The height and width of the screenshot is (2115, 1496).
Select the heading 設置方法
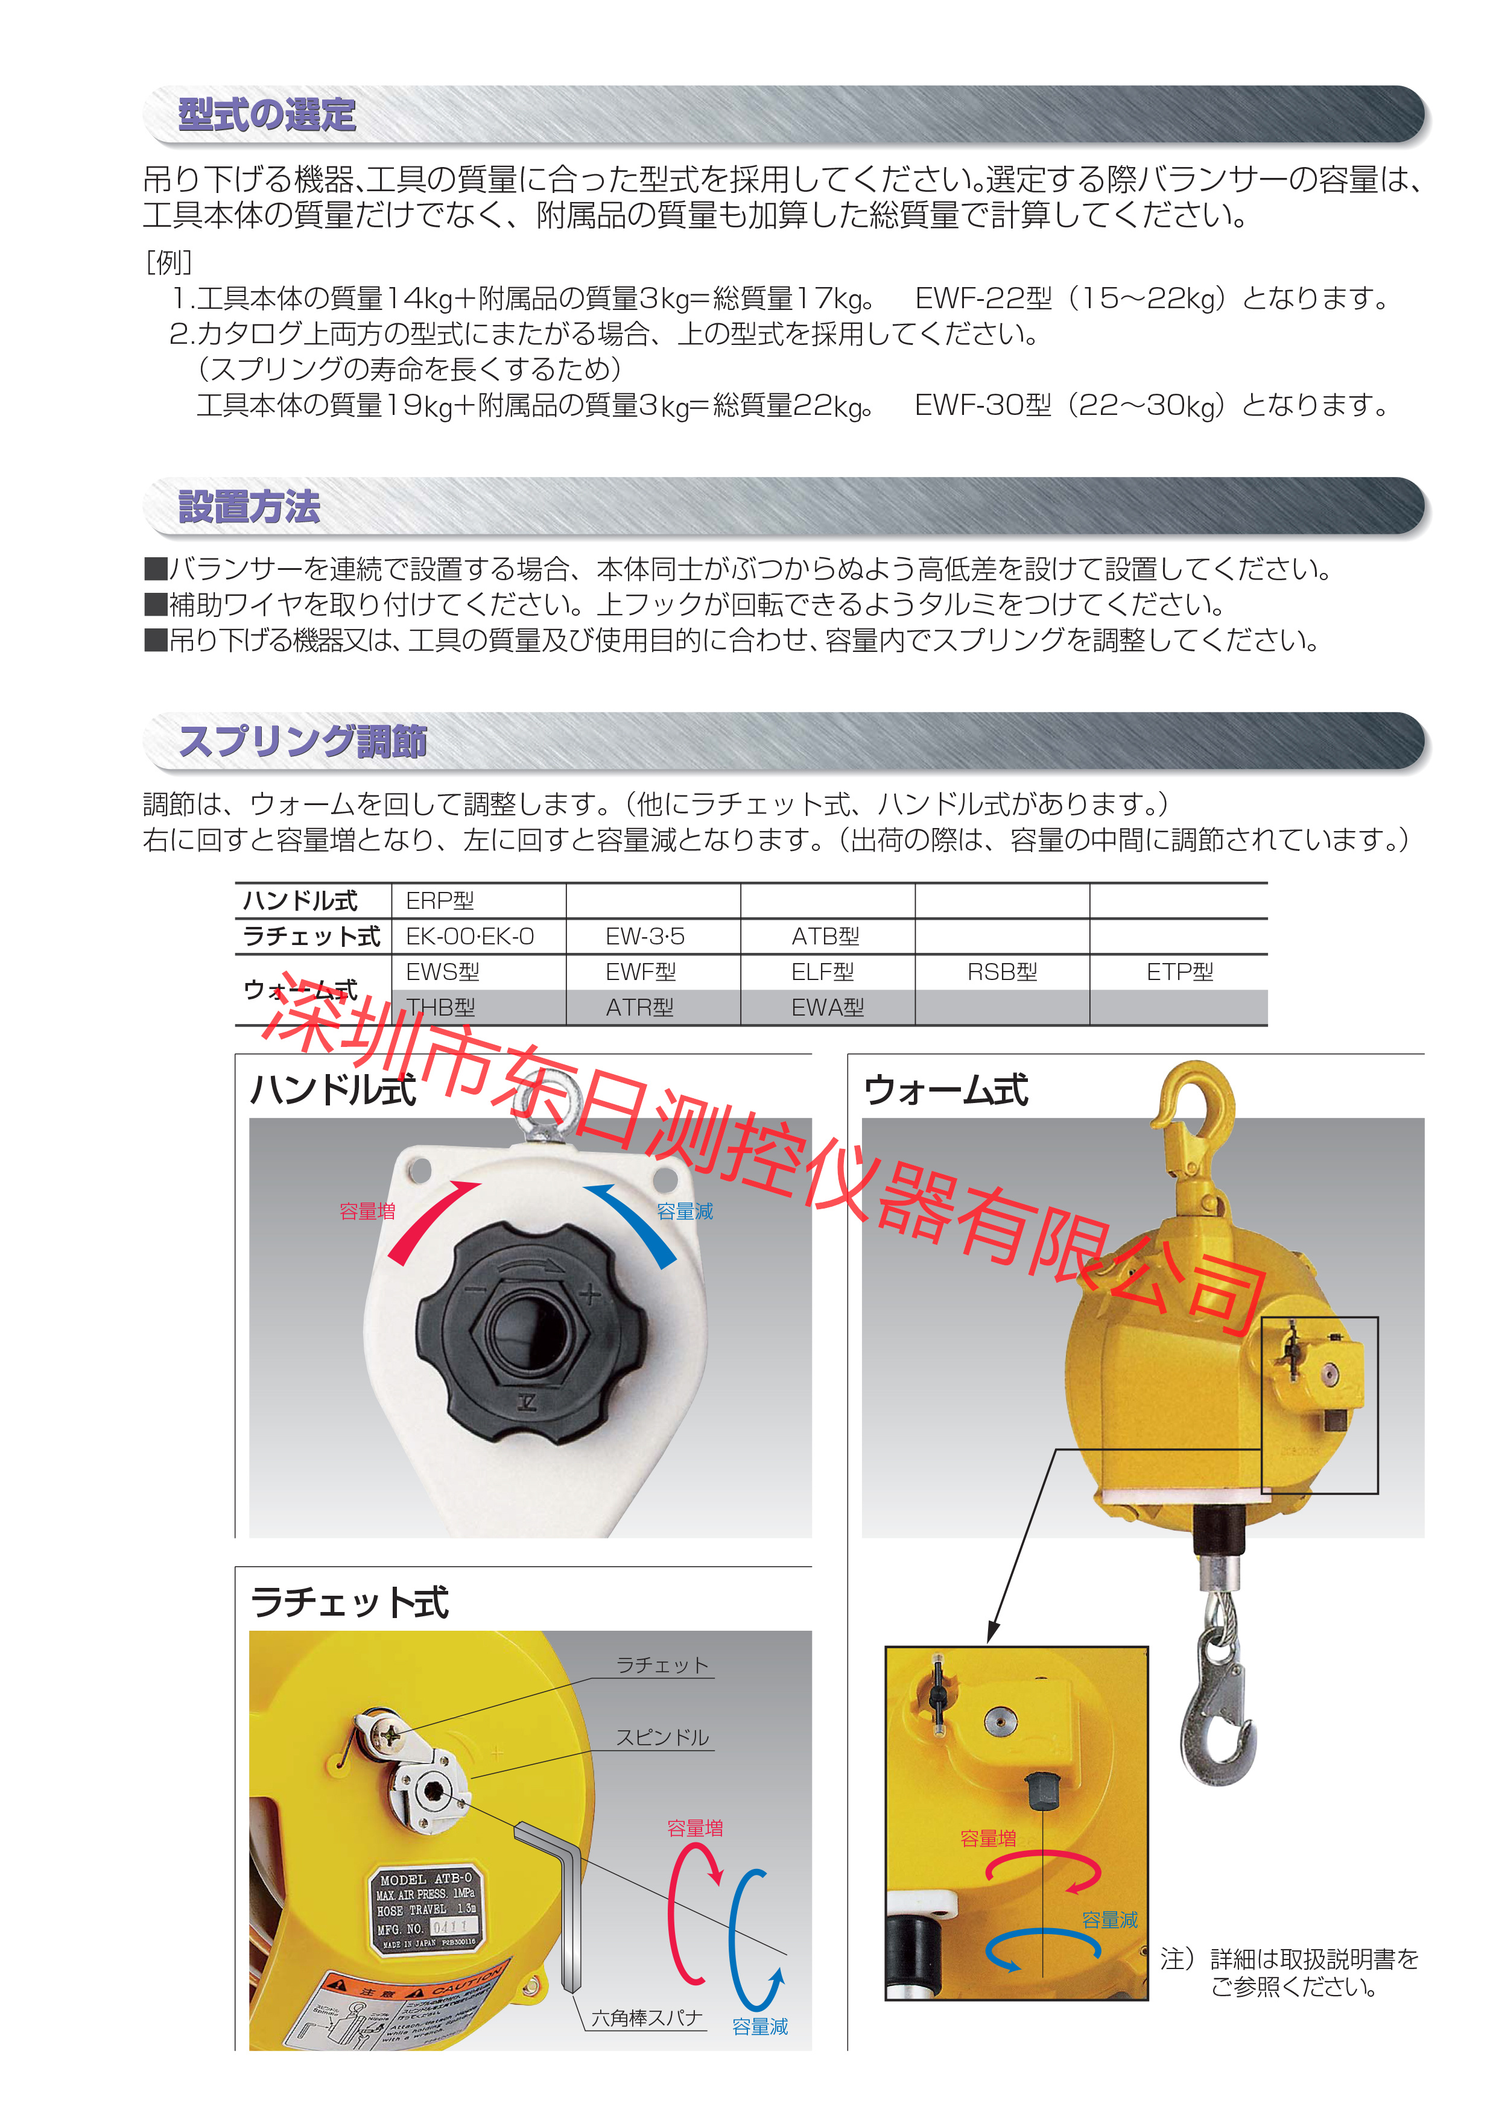pos(249,507)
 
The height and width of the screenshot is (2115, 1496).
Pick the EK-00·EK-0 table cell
pos(470,937)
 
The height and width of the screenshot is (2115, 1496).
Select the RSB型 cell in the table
pos(1001,972)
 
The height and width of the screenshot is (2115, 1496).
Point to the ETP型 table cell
pos(1179,972)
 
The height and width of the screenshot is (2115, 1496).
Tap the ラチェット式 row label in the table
pos(311,937)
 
